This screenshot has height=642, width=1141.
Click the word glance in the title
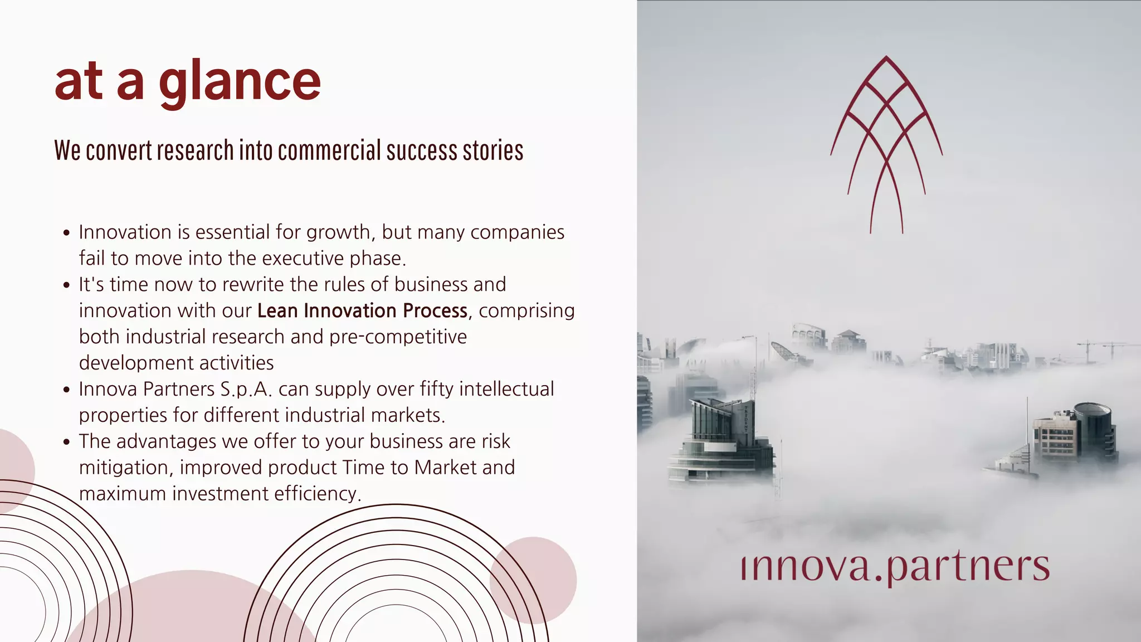[240, 82]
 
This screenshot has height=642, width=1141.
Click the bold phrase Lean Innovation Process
[362, 311]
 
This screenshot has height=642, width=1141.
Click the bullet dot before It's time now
[67, 285]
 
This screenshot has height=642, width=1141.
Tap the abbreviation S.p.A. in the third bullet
[246, 389]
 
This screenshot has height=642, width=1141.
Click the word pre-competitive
[398, 337]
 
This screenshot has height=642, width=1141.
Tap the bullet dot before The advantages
[67, 442]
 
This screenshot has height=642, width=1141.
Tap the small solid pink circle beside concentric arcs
[533, 580]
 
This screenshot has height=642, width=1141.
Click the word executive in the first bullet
[301, 259]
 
